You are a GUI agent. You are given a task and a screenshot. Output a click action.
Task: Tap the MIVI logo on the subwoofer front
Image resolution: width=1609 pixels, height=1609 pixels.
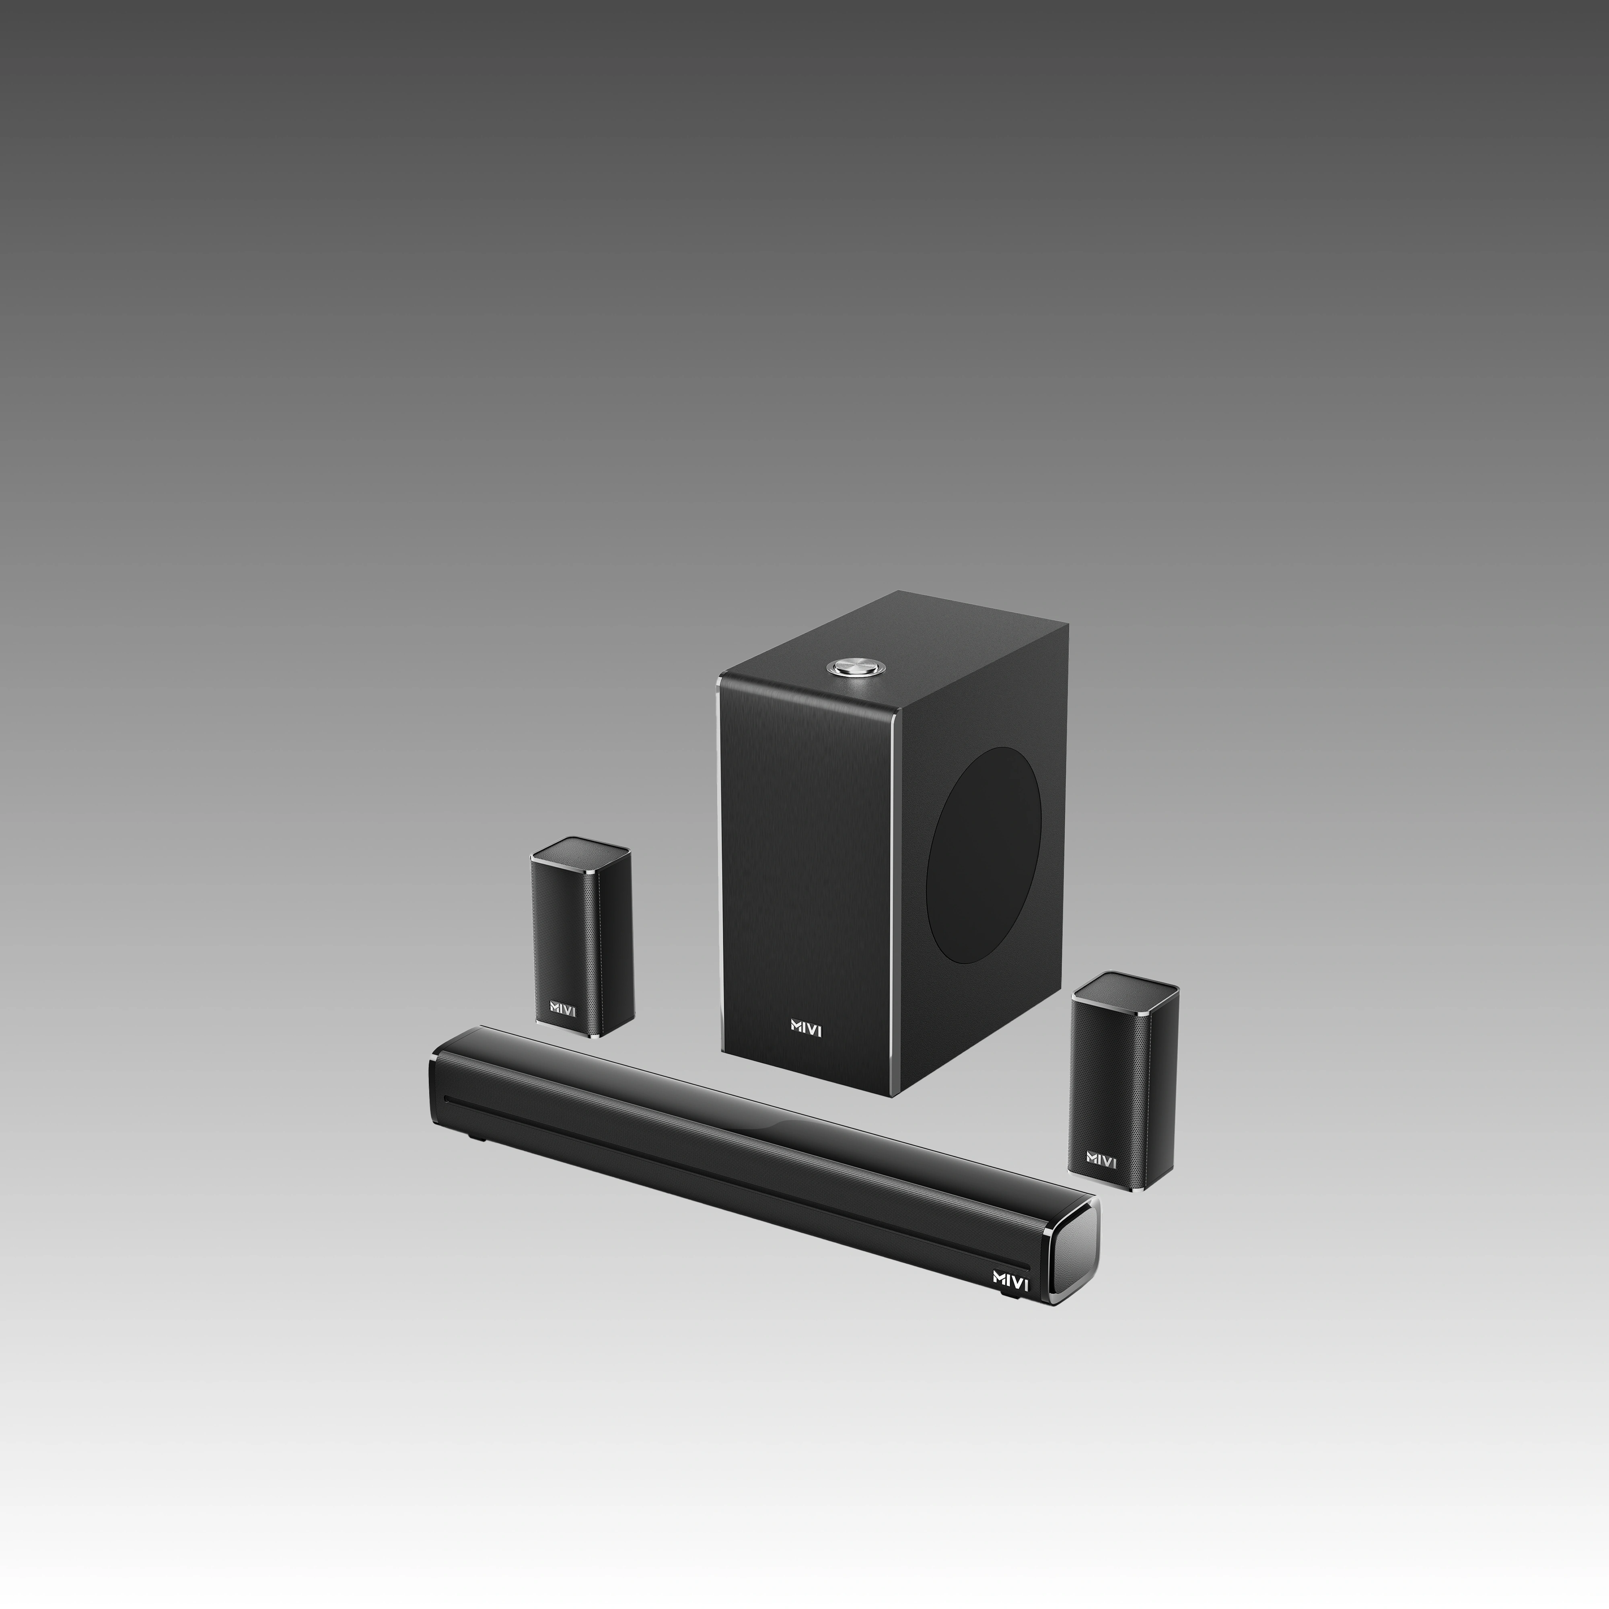806,1029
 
